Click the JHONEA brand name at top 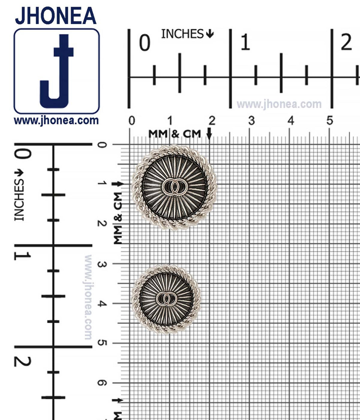tap(56, 16)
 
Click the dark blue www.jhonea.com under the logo tap(56, 120)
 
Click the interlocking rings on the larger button tap(175, 187)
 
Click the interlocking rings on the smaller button tap(166, 299)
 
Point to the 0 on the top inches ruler tap(145, 43)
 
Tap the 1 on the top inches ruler tap(245, 42)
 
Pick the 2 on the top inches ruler tap(346, 42)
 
